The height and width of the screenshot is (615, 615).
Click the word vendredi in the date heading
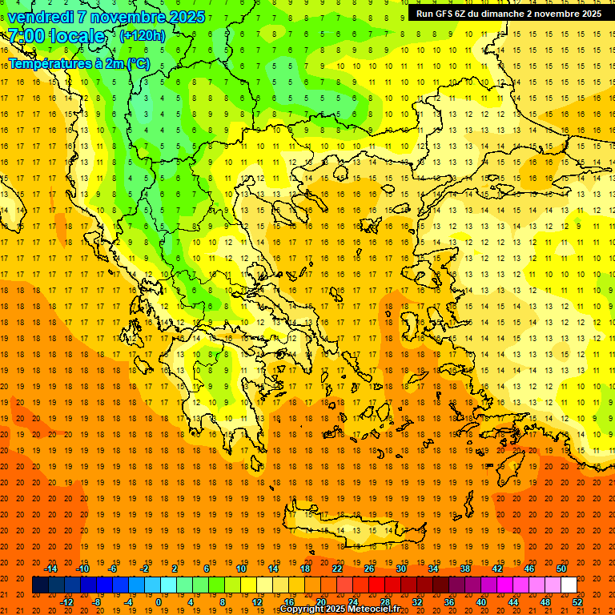[x=40, y=17]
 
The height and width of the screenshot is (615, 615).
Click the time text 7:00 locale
[x=56, y=36]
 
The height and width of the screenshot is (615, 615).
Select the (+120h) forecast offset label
[x=143, y=36]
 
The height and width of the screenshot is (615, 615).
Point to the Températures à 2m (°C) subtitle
[x=78, y=63]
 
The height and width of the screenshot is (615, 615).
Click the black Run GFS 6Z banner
[x=509, y=14]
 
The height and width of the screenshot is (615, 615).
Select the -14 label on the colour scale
[x=50, y=569]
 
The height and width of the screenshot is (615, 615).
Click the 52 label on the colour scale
[x=577, y=601]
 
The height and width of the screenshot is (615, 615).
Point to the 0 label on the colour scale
[x=158, y=601]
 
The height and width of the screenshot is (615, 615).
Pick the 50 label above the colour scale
[x=561, y=569]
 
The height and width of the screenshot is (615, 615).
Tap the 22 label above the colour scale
[x=337, y=569]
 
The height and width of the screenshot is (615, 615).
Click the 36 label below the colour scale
[x=449, y=601]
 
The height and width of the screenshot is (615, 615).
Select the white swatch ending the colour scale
[x=569, y=585]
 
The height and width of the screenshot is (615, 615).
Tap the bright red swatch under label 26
[x=376, y=585]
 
